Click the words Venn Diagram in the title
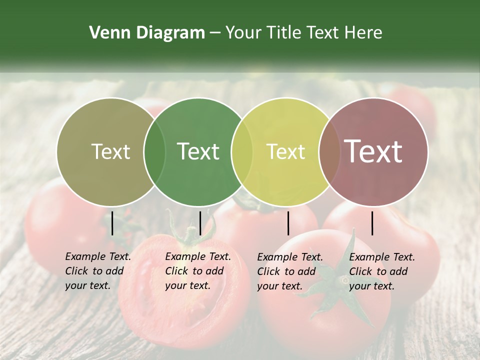(x=147, y=33)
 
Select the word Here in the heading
(x=364, y=33)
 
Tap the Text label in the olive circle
(x=110, y=151)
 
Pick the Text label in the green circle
(x=198, y=151)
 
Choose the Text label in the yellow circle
(x=286, y=151)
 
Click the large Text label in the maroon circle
(x=373, y=151)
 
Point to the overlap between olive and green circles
(x=154, y=151)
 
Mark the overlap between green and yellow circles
(x=242, y=151)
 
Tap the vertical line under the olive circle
(x=112, y=223)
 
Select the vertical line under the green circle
(x=200, y=223)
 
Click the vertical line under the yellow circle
(x=288, y=223)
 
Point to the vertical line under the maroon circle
(x=372, y=223)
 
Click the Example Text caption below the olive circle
(x=98, y=271)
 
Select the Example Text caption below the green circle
(x=198, y=271)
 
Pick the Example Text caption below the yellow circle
(x=290, y=271)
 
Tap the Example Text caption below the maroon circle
(x=382, y=271)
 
